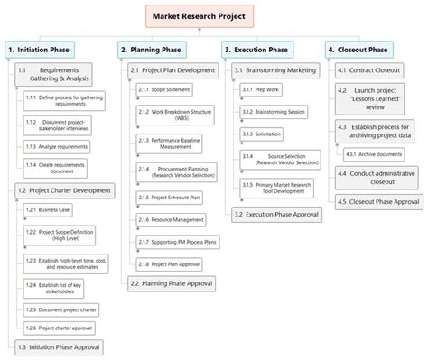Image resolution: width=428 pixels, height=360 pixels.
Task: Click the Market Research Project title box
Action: [x=200, y=15]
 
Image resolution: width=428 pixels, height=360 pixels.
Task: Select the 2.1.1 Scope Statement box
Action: [x=166, y=89]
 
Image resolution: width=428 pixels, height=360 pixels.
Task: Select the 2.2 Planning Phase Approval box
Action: [x=171, y=282]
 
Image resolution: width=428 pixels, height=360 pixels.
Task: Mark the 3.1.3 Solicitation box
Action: [x=265, y=133]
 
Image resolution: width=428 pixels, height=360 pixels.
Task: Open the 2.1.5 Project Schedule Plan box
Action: [x=171, y=197]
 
